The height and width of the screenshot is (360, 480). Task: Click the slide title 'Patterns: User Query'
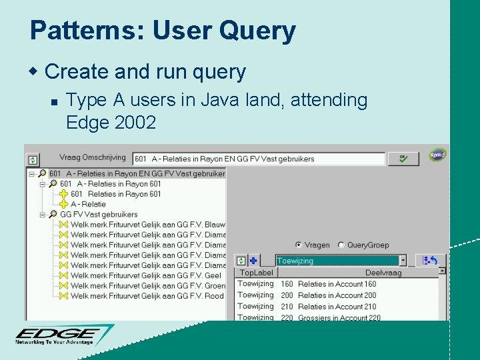(x=163, y=31)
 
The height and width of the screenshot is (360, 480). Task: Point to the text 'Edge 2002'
(x=111, y=122)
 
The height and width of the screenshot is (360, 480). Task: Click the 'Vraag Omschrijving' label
(x=92, y=157)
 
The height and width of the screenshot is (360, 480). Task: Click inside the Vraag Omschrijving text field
(x=259, y=159)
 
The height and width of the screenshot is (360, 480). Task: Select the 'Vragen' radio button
(x=298, y=245)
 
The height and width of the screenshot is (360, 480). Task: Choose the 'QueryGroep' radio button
(x=341, y=245)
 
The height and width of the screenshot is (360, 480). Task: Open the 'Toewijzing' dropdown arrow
(x=403, y=261)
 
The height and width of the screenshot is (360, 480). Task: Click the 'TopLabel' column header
(x=257, y=273)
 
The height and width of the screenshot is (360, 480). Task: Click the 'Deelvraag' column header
(x=383, y=273)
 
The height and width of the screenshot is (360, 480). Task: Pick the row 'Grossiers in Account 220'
(x=339, y=318)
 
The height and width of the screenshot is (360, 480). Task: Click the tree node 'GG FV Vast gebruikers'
(x=99, y=215)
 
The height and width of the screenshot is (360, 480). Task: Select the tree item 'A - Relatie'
(x=88, y=204)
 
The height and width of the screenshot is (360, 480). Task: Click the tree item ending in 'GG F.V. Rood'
(x=147, y=296)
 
